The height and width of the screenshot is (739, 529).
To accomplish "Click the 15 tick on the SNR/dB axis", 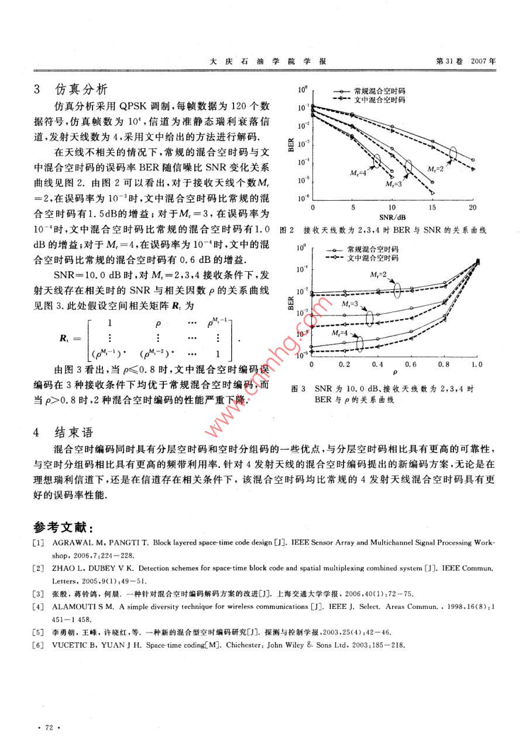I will point(432,208).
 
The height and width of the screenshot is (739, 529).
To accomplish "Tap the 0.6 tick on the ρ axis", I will point(411,364).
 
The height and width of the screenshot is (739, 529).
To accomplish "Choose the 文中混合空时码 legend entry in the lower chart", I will point(372,257).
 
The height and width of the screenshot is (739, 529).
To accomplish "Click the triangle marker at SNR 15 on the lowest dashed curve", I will point(432,193).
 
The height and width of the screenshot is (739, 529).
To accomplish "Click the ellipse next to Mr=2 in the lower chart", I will point(398,289).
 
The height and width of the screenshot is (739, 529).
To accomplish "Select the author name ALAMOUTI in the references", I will point(74,607).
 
